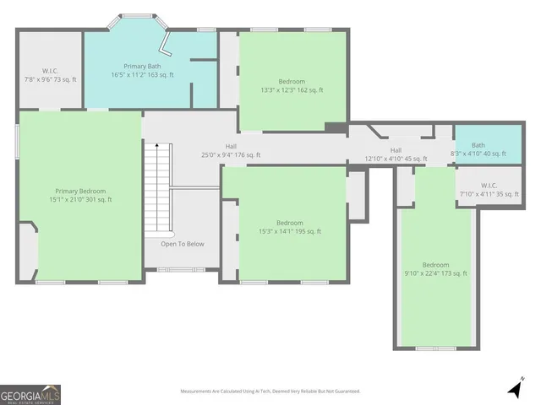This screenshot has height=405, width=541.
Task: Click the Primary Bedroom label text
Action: click(x=80, y=195)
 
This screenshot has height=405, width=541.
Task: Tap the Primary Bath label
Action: click(x=148, y=70)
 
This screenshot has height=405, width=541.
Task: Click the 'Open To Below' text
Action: click(x=183, y=244)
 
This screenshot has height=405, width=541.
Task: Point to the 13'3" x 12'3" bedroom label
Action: click(x=292, y=85)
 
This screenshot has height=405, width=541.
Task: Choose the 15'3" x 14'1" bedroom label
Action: click(x=290, y=227)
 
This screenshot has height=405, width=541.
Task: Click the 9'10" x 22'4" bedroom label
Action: click(x=435, y=269)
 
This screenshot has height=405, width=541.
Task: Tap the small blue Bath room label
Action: click(x=478, y=149)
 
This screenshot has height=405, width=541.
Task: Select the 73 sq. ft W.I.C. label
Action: click(x=49, y=75)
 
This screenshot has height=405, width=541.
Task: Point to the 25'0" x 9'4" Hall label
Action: click(x=231, y=151)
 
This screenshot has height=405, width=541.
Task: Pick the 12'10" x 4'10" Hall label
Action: click(x=396, y=154)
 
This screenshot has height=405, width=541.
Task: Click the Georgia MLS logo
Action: click(x=30, y=394)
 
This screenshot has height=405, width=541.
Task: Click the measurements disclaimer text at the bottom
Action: click(x=270, y=391)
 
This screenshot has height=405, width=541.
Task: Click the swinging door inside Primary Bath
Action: click(x=167, y=44)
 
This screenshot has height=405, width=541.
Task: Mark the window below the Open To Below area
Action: click(x=180, y=270)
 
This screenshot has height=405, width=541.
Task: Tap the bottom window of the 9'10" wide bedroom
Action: click(x=435, y=348)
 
